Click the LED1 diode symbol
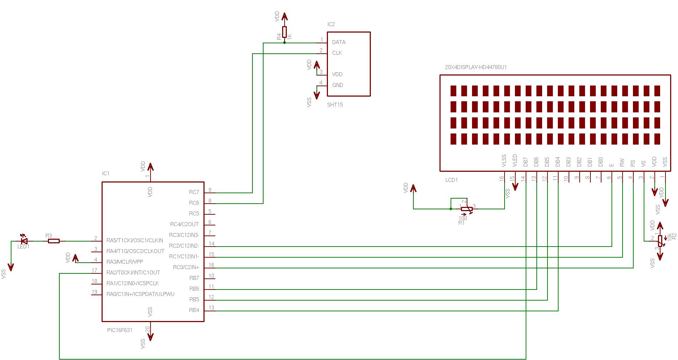tap(24, 241)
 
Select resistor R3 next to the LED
tap(54, 241)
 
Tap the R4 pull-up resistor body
tap(284, 32)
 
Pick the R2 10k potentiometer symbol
tap(660, 240)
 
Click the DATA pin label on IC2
tap(339, 42)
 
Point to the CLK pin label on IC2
tap(337, 53)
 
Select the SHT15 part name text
tap(335, 105)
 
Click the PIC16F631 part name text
tap(120, 330)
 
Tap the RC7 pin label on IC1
tap(194, 192)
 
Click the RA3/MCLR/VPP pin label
tap(125, 262)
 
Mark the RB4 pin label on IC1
tap(194, 310)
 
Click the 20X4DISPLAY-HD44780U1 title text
tap(476, 67)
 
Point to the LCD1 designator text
tap(452, 180)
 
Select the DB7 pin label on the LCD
tap(526, 162)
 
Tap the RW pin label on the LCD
tap(622, 162)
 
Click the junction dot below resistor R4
tap(284, 43)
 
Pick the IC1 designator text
tap(106, 174)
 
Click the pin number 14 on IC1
tap(212, 244)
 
